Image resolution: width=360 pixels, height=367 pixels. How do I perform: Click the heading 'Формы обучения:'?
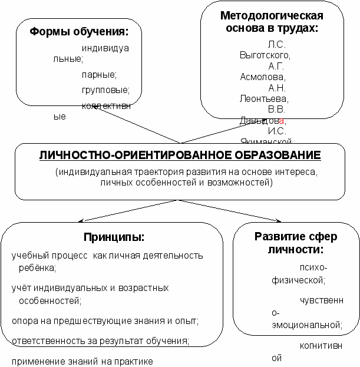point(78,31)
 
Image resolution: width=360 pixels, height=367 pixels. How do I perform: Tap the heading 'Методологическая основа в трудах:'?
point(272,21)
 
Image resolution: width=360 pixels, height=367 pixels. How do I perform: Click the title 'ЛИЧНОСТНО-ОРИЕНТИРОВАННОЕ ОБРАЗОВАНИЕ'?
point(180,156)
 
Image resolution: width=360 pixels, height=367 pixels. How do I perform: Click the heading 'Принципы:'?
point(114,237)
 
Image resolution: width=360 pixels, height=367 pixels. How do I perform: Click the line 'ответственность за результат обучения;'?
point(100,340)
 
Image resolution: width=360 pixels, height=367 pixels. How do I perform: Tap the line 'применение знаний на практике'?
point(82,361)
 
